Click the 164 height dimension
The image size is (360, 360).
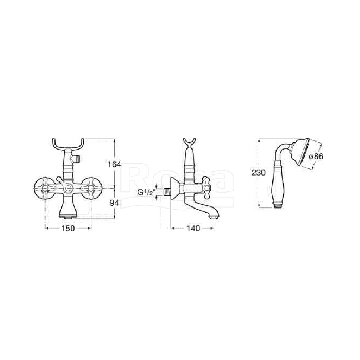[x=114, y=164]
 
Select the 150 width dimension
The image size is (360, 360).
[x=68, y=228]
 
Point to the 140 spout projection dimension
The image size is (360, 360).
[x=193, y=228]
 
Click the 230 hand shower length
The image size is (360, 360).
[x=258, y=172]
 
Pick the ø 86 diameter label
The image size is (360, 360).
[x=316, y=157]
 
